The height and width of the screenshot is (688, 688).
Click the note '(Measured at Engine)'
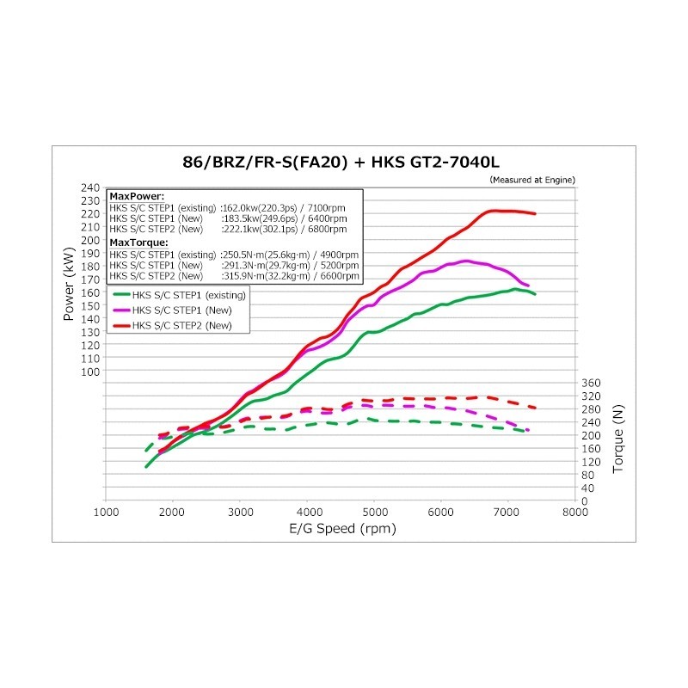[x=531, y=180]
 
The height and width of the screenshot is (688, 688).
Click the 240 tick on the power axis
[x=89, y=187]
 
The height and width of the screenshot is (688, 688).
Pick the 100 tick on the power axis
[x=89, y=372]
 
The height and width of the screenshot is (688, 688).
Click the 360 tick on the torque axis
[x=591, y=383]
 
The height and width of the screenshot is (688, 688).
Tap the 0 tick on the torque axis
[x=585, y=501]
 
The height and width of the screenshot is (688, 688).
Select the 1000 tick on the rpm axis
[x=106, y=513]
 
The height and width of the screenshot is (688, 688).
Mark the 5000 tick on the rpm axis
[x=373, y=513]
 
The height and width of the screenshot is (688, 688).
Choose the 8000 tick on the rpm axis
[x=574, y=513]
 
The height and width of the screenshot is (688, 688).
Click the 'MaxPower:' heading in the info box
[x=131, y=197]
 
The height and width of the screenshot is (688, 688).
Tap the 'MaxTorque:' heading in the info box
[x=134, y=243]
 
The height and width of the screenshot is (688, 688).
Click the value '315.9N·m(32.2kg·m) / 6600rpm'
[x=289, y=276]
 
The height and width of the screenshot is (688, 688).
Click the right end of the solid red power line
[x=535, y=213]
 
